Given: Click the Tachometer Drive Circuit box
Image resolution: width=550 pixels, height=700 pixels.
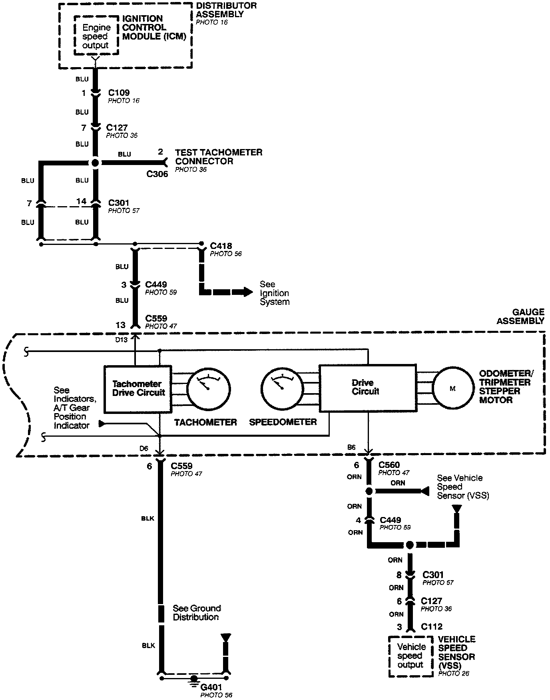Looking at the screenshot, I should (x=138, y=389).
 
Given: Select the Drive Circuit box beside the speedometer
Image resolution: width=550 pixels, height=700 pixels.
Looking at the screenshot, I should (x=367, y=388).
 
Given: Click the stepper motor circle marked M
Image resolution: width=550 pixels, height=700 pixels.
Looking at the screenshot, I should (x=452, y=388).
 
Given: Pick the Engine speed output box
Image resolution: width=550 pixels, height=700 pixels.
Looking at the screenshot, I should (x=96, y=36).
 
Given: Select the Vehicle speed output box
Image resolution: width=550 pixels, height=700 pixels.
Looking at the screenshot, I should (x=411, y=656).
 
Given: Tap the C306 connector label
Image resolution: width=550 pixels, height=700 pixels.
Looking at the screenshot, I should (x=157, y=174).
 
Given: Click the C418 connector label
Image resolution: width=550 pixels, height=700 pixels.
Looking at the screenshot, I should (x=221, y=246).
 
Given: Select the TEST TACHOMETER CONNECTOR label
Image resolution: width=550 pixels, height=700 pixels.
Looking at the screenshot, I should (x=219, y=157).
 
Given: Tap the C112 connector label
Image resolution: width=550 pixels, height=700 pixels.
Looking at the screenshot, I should (x=432, y=627).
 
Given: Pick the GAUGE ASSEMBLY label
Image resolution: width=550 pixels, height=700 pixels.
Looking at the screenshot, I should (x=520, y=316).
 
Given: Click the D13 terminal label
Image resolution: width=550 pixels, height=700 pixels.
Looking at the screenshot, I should (x=122, y=340).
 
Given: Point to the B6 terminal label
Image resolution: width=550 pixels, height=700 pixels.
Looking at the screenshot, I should (x=351, y=447).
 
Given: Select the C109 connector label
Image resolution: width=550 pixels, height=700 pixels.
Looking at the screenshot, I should (x=119, y=93).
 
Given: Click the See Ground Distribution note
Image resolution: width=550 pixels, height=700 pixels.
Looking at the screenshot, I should (x=196, y=612).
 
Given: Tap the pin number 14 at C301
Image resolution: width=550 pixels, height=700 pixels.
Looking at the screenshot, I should (x=81, y=201).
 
